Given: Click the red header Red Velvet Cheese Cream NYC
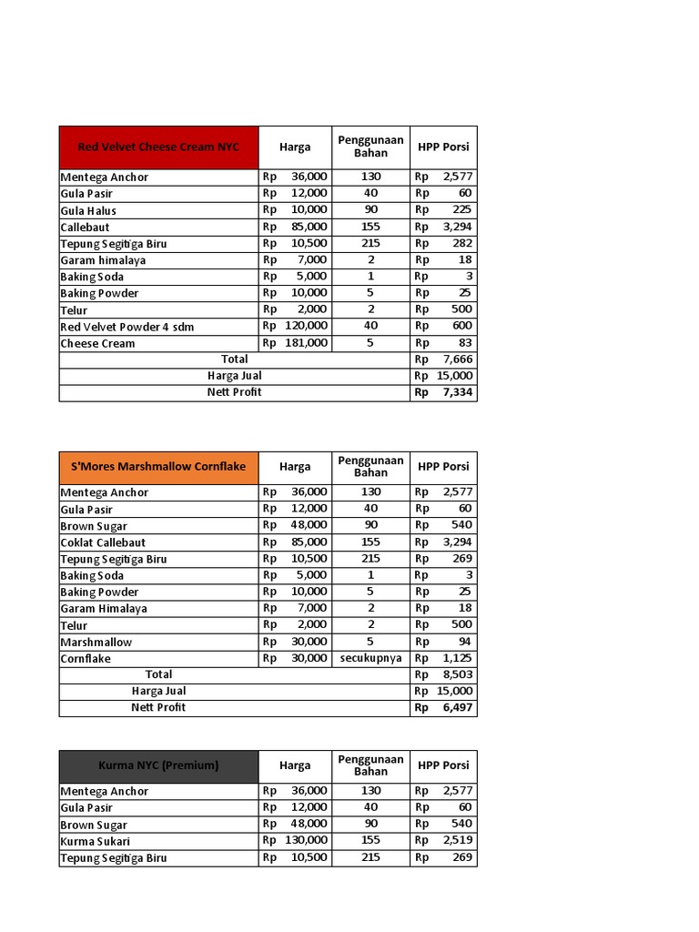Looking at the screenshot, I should point(158,147).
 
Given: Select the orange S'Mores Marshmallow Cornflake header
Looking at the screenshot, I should point(158,466).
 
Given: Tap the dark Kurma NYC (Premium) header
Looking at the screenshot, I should point(158,765).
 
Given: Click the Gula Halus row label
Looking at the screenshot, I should point(88,210).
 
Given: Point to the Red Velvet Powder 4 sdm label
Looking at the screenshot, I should point(127,327).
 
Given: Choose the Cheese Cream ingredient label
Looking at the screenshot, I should point(97,343).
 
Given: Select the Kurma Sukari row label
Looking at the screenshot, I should point(96,841).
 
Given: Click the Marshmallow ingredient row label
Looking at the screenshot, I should point(96,642).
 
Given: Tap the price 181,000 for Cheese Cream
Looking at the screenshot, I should point(305,343).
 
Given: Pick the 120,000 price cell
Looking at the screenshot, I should point(305,327).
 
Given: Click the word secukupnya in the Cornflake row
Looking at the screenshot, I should point(370,658).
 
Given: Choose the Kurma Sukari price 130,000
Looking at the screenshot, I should point(305,841).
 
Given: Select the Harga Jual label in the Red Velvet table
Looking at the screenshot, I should point(235,376).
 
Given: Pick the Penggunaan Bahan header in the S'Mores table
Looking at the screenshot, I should point(370,466).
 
